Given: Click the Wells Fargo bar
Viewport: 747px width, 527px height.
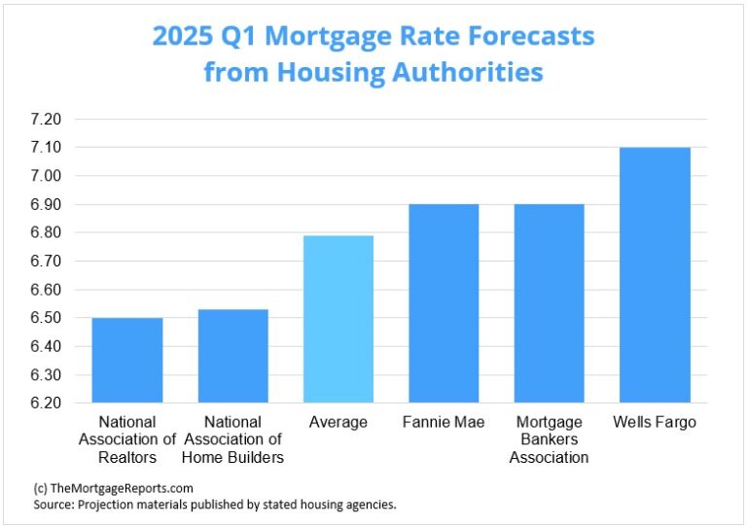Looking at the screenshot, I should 655,275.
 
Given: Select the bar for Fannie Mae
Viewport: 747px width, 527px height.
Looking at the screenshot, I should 444,303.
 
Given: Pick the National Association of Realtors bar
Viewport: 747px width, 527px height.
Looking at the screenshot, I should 127,360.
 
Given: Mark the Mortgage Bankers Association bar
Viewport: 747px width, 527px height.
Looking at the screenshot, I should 550,303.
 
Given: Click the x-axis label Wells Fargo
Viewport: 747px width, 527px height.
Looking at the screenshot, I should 655,422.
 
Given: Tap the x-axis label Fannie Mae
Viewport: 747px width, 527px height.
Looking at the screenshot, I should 444,422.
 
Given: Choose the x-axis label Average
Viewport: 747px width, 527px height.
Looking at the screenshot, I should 338,422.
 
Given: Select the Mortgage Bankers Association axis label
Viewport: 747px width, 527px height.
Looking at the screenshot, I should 550,439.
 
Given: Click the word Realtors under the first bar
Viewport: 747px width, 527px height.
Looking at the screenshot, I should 127,457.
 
